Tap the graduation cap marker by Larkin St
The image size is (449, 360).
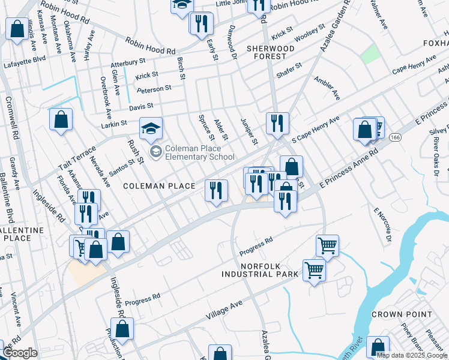click(x=151, y=128)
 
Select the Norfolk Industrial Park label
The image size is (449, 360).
click(x=260, y=269)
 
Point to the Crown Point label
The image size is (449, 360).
click(x=402, y=314)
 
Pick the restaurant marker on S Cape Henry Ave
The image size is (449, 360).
click(x=277, y=124)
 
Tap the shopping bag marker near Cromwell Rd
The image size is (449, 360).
click(x=61, y=119)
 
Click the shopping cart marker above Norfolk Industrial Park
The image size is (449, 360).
click(x=327, y=245)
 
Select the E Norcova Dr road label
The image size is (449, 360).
click(x=382, y=224)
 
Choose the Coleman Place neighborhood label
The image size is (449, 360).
click(x=159, y=186)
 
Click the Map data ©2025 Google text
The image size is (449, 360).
click(x=412, y=355)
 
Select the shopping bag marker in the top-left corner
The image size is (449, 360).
click(x=17, y=28)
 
